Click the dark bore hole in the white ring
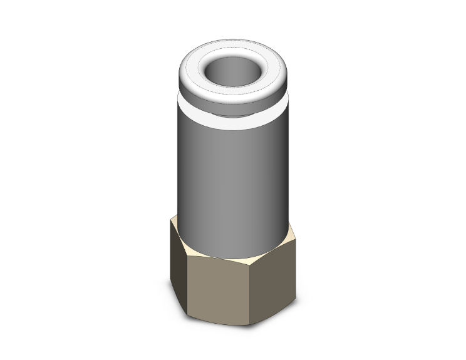pyautogui.click(x=233, y=66)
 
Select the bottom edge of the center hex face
pyautogui.click(x=219, y=321)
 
